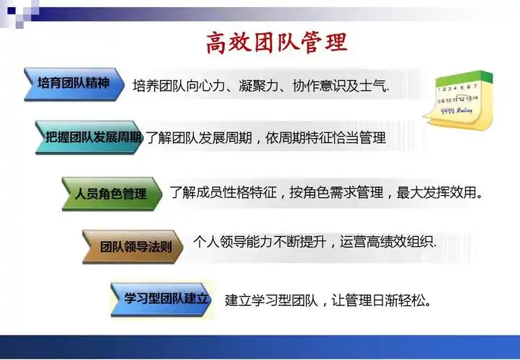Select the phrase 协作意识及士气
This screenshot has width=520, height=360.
click(340, 86)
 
